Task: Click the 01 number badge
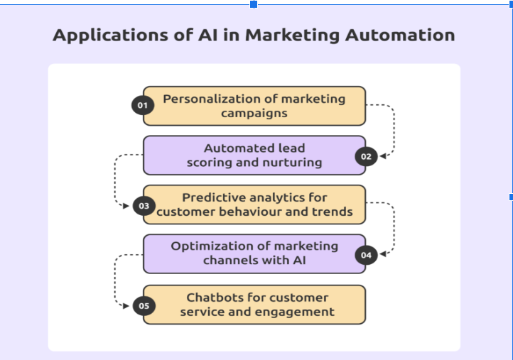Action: tap(143, 105)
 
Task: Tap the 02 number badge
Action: tap(366, 157)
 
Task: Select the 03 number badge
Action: tap(144, 206)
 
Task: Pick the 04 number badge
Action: tap(366, 255)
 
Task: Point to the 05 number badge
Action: tap(144, 306)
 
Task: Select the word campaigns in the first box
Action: tap(254, 114)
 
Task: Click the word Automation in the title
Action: tap(400, 35)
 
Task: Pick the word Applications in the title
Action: tap(111, 36)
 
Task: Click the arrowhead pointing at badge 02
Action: tap(383, 156)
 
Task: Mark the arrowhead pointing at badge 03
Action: tap(126, 206)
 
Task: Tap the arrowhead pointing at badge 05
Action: tap(126, 306)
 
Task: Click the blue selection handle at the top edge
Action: tap(254, 4)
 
